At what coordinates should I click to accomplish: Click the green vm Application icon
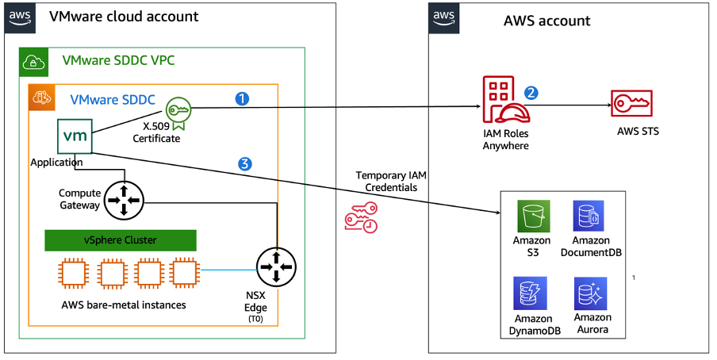(x=75, y=136)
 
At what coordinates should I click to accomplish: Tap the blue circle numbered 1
(x=243, y=99)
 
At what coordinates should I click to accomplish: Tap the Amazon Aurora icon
(x=591, y=293)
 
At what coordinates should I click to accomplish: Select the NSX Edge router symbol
(x=276, y=267)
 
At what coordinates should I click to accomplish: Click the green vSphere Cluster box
(x=120, y=240)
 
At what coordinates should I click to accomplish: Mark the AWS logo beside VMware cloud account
(x=21, y=17)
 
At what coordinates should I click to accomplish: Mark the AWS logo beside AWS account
(x=444, y=17)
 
